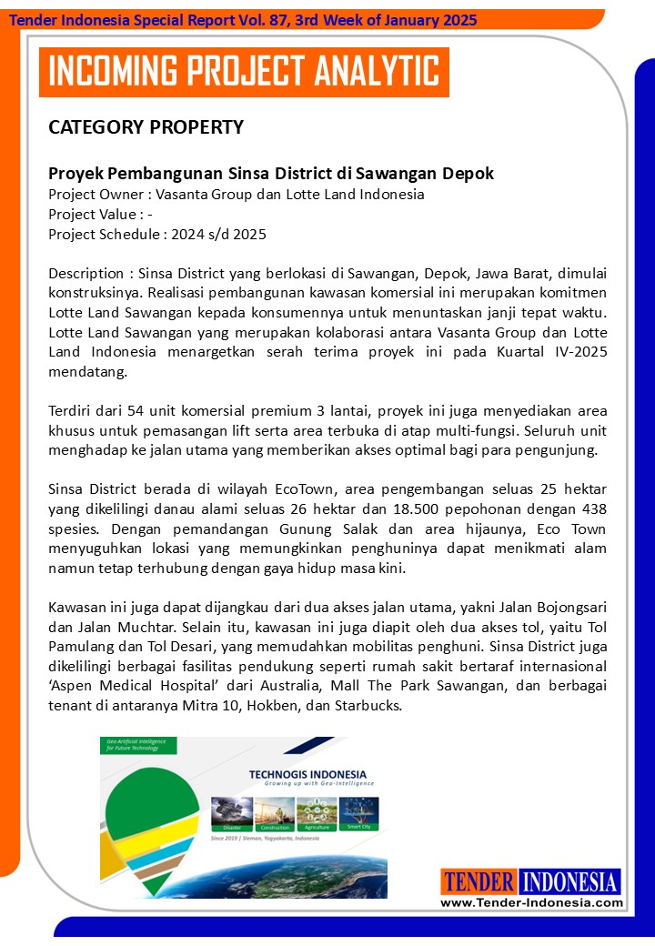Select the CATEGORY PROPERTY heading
[146, 127]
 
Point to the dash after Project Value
[149, 215]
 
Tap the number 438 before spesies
[591, 509]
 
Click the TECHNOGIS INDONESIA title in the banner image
[307, 775]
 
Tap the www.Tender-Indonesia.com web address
[532, 903]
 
